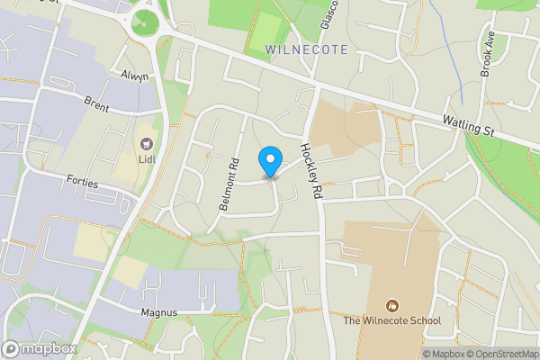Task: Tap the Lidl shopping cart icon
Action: (x=145, y=143)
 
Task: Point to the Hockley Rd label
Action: (x=310, y=172)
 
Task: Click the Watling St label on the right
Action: (x=470, y=124)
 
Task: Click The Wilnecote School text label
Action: (x=392, y=320)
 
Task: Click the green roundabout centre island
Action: (x=144, y=23)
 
